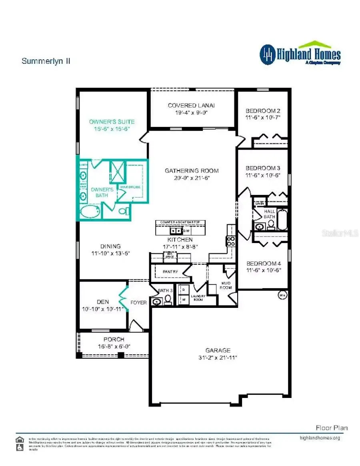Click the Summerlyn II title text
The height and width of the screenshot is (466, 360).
[46, 61]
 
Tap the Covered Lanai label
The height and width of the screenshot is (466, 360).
[191, 105]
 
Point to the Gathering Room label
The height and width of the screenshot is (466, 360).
[192, 171]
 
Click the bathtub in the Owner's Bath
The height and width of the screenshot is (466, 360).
[90, 211]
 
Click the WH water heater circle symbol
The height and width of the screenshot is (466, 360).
[282, 295]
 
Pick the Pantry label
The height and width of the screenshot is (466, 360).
[170, 272]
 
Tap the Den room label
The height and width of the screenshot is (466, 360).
[103, 302]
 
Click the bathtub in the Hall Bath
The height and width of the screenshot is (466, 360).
[282, 219]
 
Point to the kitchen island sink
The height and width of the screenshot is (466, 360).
[175, 231]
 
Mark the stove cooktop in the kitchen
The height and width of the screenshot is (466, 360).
[231, 241]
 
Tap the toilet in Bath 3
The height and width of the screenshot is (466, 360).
[168, 299]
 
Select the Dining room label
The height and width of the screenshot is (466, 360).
[111, 246]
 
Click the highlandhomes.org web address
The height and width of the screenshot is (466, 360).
[320, 438]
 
